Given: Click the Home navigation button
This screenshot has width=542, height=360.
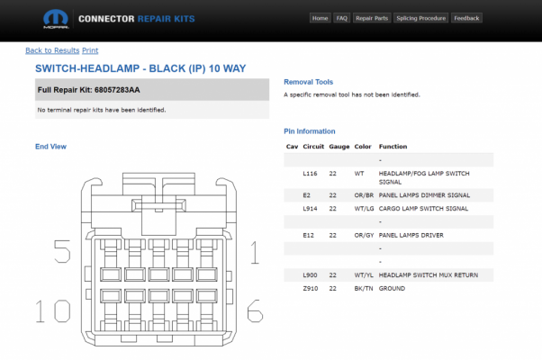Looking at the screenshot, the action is [x=320, y=18].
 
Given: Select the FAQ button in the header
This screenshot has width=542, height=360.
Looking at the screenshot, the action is [x=341, y=18].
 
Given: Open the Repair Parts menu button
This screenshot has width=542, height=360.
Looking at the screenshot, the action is [x=372, y=18].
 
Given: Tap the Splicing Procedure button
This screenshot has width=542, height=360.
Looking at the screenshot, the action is [x=420, y=18].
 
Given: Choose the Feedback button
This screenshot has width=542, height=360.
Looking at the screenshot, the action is [x=466, y=18].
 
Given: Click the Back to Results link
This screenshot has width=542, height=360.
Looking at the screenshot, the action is [x=52, y=50].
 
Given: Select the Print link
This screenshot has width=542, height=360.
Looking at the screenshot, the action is [x=90, y=50].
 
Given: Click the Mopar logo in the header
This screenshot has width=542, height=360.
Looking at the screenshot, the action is [x=56, y=19].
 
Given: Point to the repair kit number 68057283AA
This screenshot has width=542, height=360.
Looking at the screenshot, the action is [x=117, y=90].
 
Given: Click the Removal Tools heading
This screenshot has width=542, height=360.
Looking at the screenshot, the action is [x=308, y=82].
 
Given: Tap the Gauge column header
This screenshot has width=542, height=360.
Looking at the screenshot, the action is [x=339, y=147].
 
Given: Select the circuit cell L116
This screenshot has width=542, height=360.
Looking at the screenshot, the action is [x=310, y=174].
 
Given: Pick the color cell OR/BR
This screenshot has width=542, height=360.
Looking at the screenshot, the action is [x=364, y=195].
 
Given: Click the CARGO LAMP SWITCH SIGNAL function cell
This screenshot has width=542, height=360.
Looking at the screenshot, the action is [x=423, y=208].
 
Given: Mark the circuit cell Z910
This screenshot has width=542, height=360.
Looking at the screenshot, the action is [x=311, y=288].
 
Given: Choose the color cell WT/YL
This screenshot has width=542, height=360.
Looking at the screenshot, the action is [x=364, y=275].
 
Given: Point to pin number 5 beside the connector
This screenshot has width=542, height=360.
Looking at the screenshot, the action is [x=62, y=251].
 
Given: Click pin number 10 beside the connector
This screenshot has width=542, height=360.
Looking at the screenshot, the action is [x=53, y=310].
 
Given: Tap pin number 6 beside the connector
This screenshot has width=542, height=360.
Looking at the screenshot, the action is [x=255, y=310].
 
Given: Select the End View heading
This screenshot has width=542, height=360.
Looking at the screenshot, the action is [x=50, y=147].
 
